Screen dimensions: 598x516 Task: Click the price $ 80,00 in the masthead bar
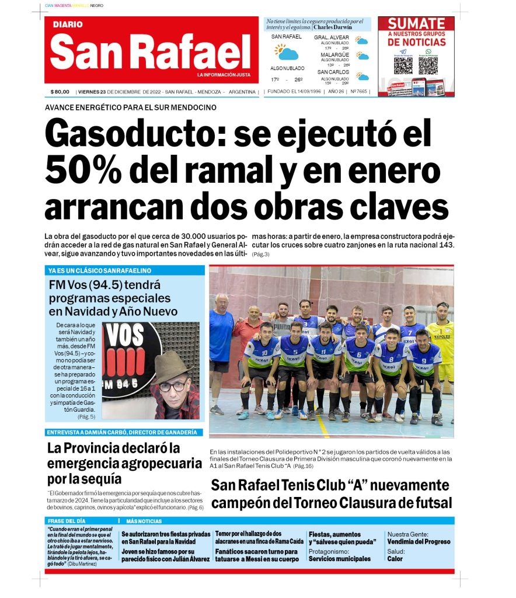(x=60, y=92)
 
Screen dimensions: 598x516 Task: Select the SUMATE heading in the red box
(x=416, y=24)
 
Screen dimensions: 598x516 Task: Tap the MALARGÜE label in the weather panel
(x=334, y=55)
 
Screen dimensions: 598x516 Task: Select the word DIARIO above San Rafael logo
(x=68, y=25)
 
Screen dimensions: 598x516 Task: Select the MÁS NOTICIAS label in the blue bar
(x=144, y=521)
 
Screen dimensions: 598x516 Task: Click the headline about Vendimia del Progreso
(x=419, y=541)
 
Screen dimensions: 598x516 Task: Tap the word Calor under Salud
(x=395, y=559)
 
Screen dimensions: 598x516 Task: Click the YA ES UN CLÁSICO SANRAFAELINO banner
(x=100, y=270)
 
